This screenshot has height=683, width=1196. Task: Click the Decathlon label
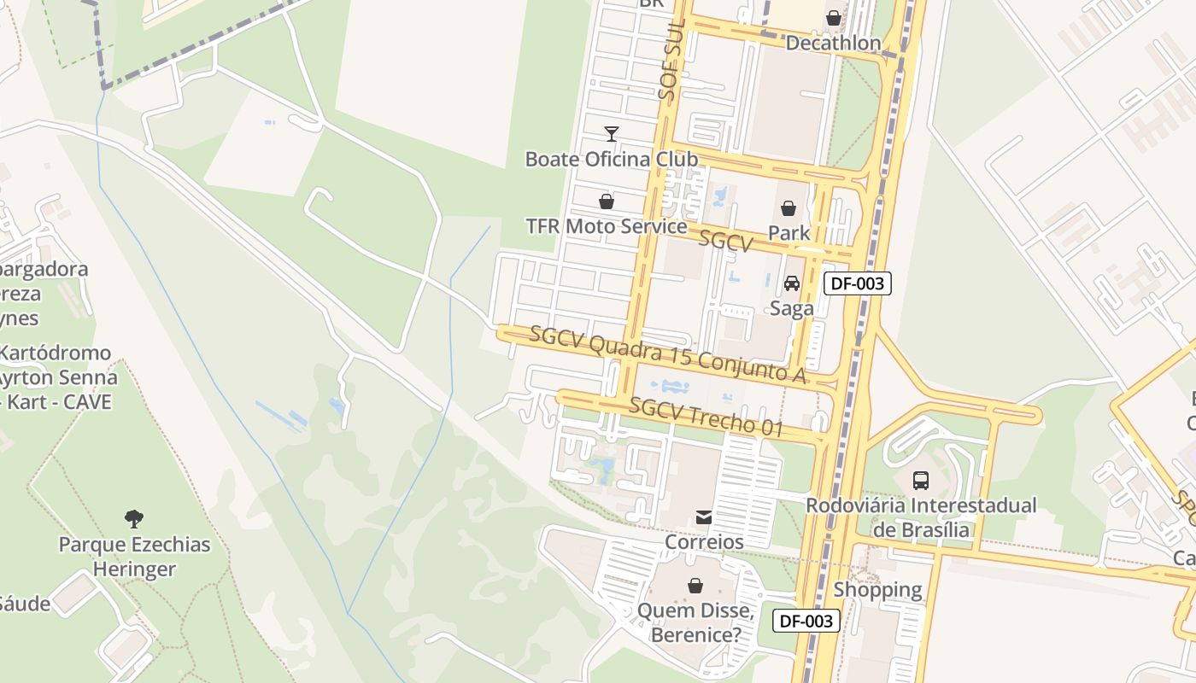833,43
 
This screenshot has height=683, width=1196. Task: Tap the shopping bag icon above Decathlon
834,18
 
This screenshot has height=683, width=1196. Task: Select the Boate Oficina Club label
611,159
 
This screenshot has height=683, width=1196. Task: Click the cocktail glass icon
612,133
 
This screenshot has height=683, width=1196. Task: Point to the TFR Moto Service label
607,226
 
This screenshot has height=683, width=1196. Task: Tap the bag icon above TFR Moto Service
607,201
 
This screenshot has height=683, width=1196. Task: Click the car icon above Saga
792,283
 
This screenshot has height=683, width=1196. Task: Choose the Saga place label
792,308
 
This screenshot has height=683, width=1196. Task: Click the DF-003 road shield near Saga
857,283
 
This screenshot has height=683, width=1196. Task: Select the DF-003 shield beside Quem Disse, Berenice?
806,621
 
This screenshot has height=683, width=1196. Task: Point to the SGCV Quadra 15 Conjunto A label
668,353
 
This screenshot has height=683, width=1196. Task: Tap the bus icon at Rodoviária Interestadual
921,480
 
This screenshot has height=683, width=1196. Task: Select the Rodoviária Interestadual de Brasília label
921,517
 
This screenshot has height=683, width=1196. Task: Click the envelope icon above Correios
704,517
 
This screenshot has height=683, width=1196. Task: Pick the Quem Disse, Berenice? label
695,623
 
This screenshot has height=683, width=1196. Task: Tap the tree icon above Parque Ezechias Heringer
134,518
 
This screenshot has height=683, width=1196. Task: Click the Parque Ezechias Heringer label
134,557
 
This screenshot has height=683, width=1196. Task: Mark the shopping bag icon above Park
789,208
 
